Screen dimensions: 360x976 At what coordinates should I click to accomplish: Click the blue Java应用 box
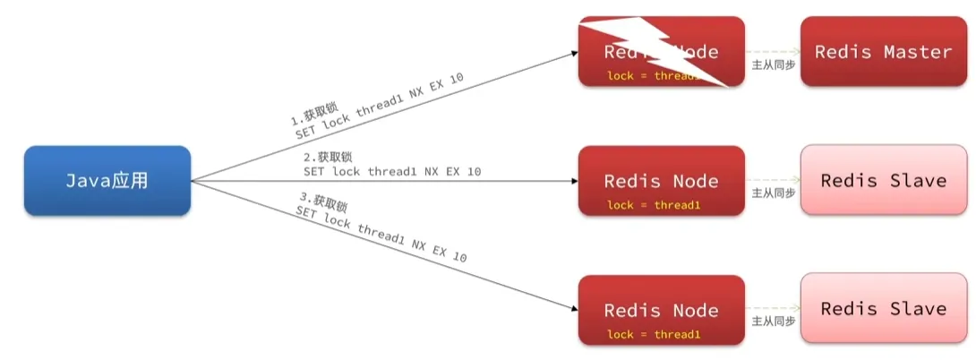107,181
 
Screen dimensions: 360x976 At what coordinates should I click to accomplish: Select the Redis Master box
883,51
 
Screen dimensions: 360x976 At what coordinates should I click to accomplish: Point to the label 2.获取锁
327,157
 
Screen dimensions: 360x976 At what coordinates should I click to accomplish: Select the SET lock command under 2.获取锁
392,170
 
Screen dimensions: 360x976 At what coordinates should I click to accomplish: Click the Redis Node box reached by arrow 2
662,181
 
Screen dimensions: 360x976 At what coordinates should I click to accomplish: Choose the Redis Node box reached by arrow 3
662,310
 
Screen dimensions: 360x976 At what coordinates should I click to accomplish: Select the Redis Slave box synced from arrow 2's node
883,181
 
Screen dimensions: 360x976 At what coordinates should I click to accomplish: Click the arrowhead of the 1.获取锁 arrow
573,53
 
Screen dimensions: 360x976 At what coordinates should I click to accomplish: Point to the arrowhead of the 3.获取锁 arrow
573,308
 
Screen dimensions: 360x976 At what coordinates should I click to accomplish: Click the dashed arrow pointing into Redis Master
772,52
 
